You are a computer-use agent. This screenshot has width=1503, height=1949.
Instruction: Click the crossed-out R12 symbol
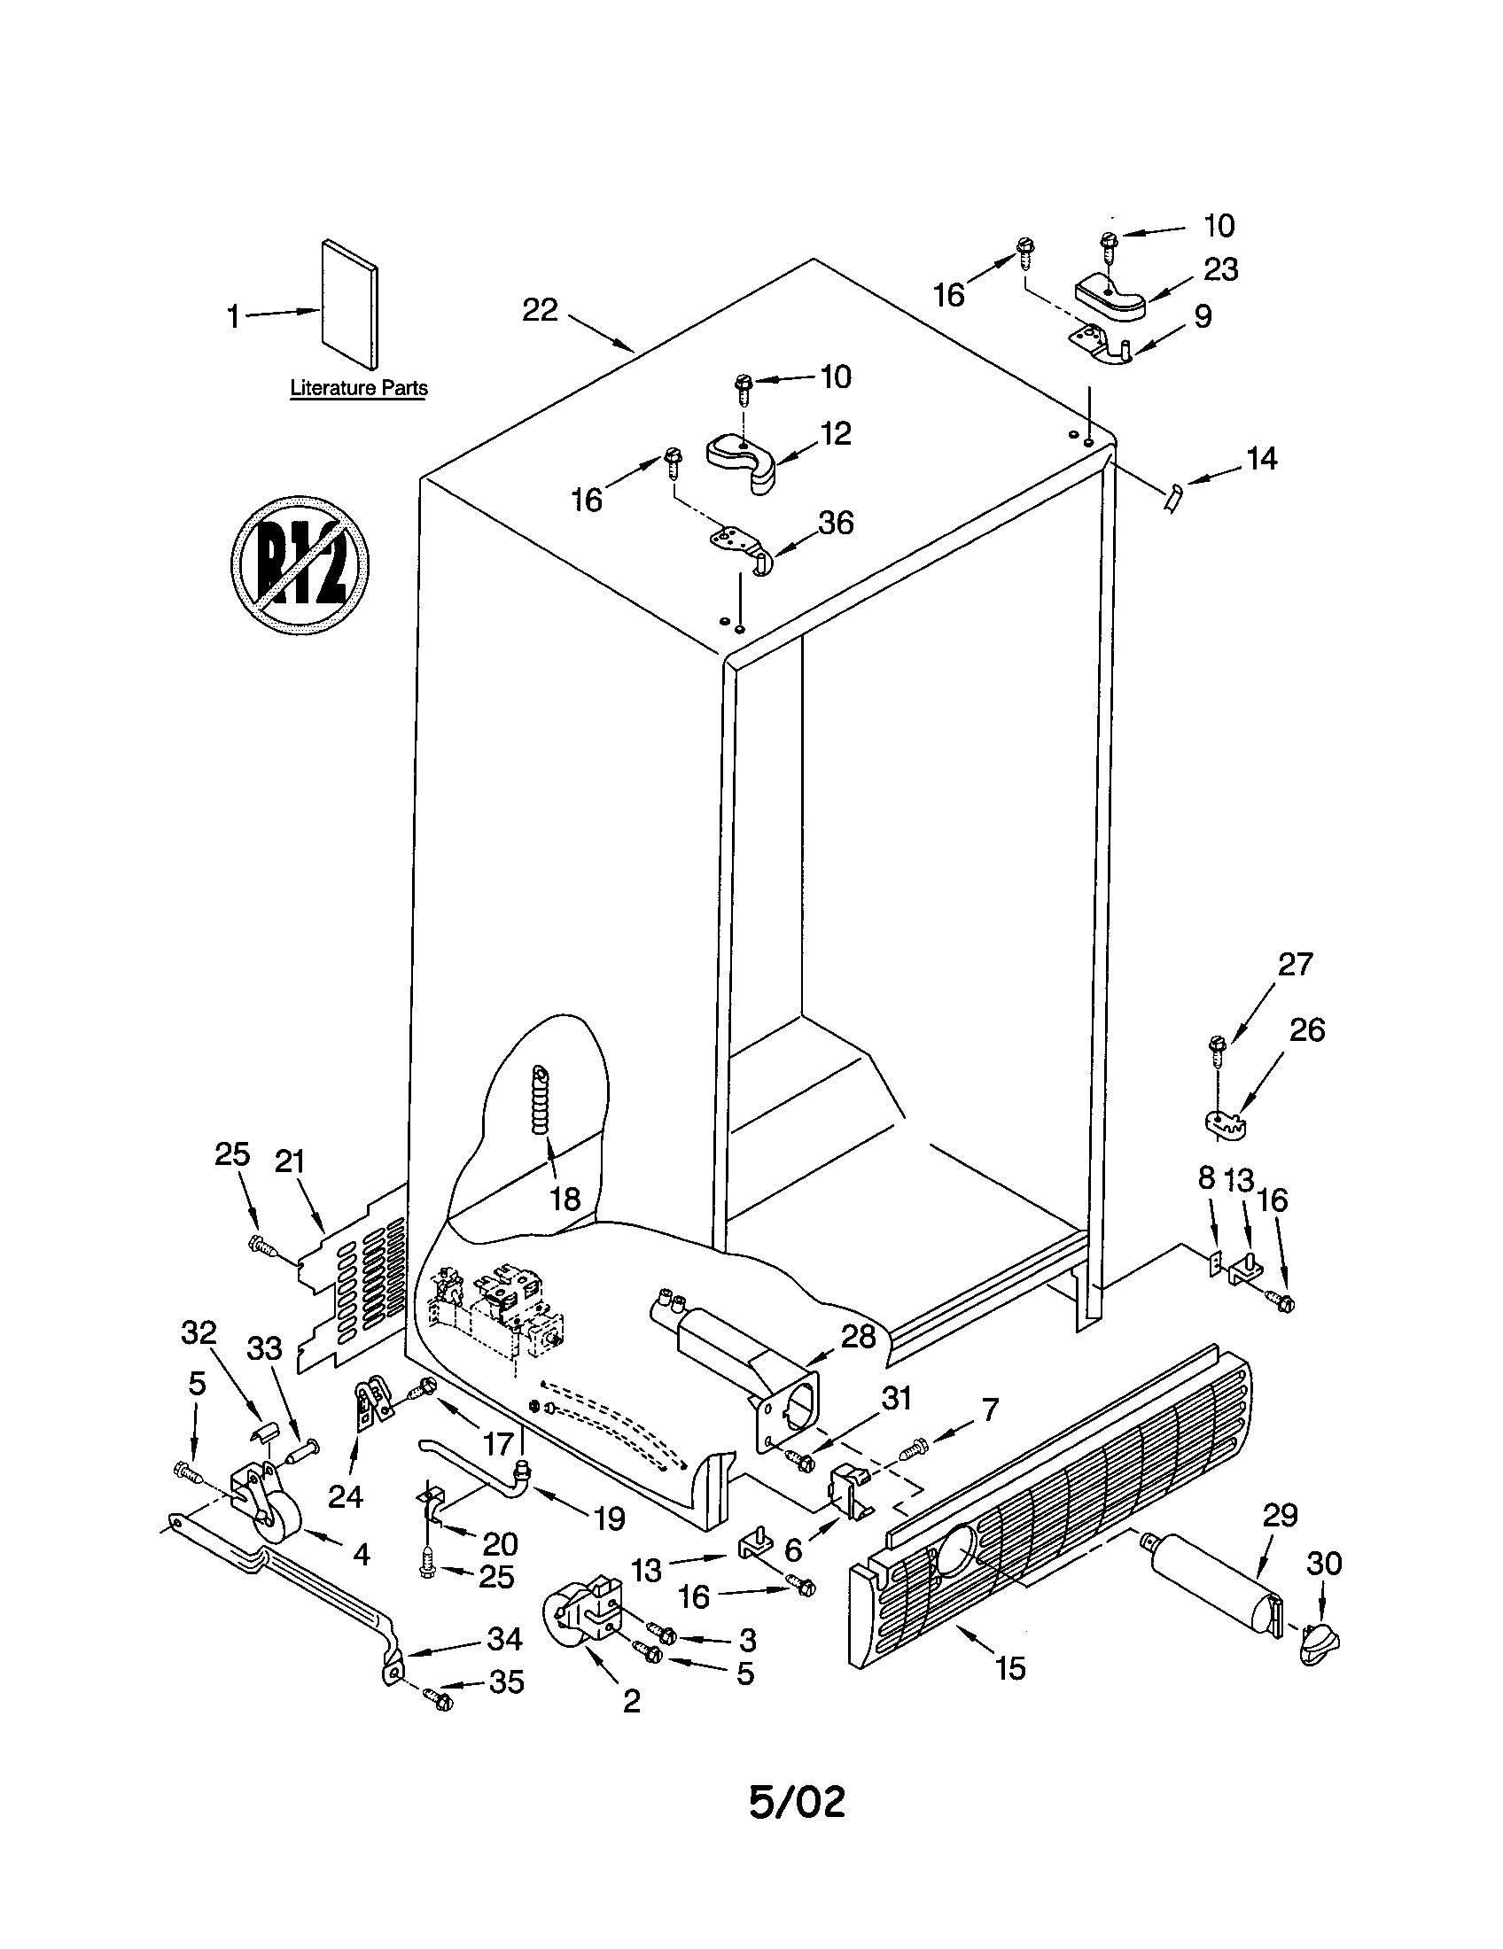[x=300, y=564]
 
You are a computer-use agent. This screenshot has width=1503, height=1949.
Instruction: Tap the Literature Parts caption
[x=359, y=388]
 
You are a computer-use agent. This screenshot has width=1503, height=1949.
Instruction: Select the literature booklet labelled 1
[x=349, y=304]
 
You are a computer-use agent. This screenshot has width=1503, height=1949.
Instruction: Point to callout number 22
[x=540, y=311]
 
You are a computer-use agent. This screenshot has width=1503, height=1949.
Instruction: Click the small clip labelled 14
[x=1172, y=496]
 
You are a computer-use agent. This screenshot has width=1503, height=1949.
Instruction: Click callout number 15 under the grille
[x=1010, y=1668]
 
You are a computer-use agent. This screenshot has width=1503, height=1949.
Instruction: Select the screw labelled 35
[x=438, y=1700]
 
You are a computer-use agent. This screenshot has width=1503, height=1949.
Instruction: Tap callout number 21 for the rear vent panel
[x=290, y=1162]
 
